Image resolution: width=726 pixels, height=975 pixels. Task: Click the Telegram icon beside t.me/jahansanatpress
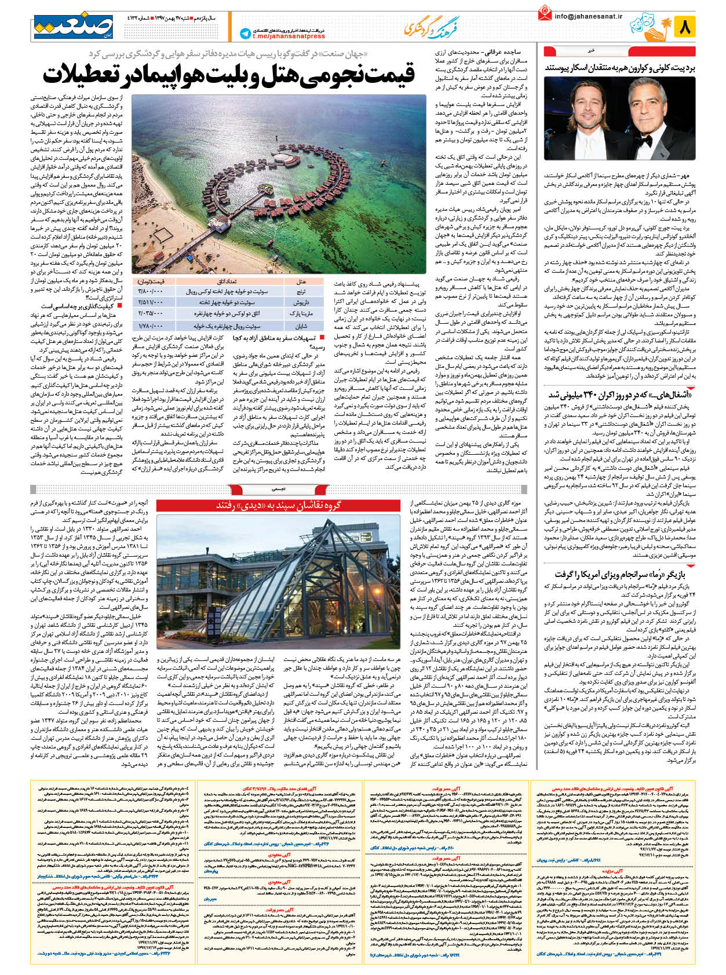click(x=245, y=34)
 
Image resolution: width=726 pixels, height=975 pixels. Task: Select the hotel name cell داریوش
click(x=301, y=302)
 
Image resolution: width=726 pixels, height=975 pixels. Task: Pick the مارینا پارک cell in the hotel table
click(x=301, y=313)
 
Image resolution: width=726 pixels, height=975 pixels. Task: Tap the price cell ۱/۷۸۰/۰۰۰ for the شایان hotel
click(x=151, y=325)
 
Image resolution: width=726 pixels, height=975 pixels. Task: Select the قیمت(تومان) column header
click(x=151, y=282)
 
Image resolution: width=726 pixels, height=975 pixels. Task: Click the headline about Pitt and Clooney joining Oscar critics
click(x=619, y=68)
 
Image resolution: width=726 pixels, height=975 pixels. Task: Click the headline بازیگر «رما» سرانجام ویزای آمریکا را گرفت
click(x=620, y=574)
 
